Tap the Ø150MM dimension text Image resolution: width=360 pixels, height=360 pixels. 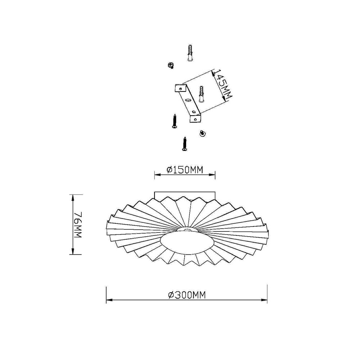coord(185,170)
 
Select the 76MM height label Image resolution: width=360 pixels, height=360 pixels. coord(78,225)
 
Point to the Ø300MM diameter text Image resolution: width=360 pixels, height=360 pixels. coord(186,295)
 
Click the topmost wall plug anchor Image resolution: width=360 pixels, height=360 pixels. coord(190,53)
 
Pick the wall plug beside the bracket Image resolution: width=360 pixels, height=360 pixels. coord(202,95)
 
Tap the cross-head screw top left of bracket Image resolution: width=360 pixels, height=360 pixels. coord(170,66)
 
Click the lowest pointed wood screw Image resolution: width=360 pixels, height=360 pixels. coord(184,144)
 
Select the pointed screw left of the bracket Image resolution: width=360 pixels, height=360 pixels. coord(174,121)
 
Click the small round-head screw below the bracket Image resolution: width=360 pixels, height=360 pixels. coord(202,133)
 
